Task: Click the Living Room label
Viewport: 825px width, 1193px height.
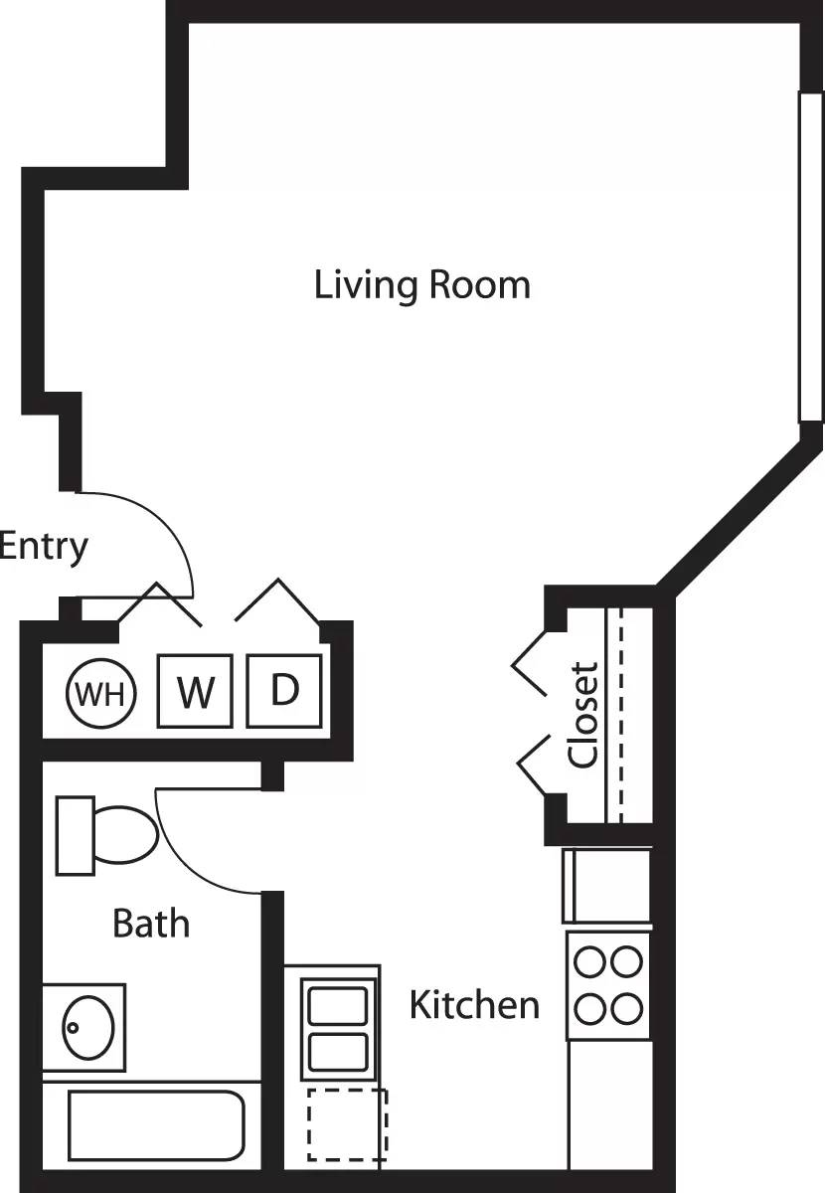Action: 422,284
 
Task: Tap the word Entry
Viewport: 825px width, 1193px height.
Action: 44,547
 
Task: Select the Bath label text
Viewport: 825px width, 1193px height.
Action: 151,924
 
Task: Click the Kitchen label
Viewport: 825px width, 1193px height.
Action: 474,1005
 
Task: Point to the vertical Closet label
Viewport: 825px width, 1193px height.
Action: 584,715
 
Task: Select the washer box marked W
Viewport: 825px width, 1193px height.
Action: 195,691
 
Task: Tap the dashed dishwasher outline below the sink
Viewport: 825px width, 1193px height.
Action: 346,1124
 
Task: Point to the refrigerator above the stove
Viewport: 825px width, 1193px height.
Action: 607,885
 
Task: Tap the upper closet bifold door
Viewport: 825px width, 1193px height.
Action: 532,661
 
